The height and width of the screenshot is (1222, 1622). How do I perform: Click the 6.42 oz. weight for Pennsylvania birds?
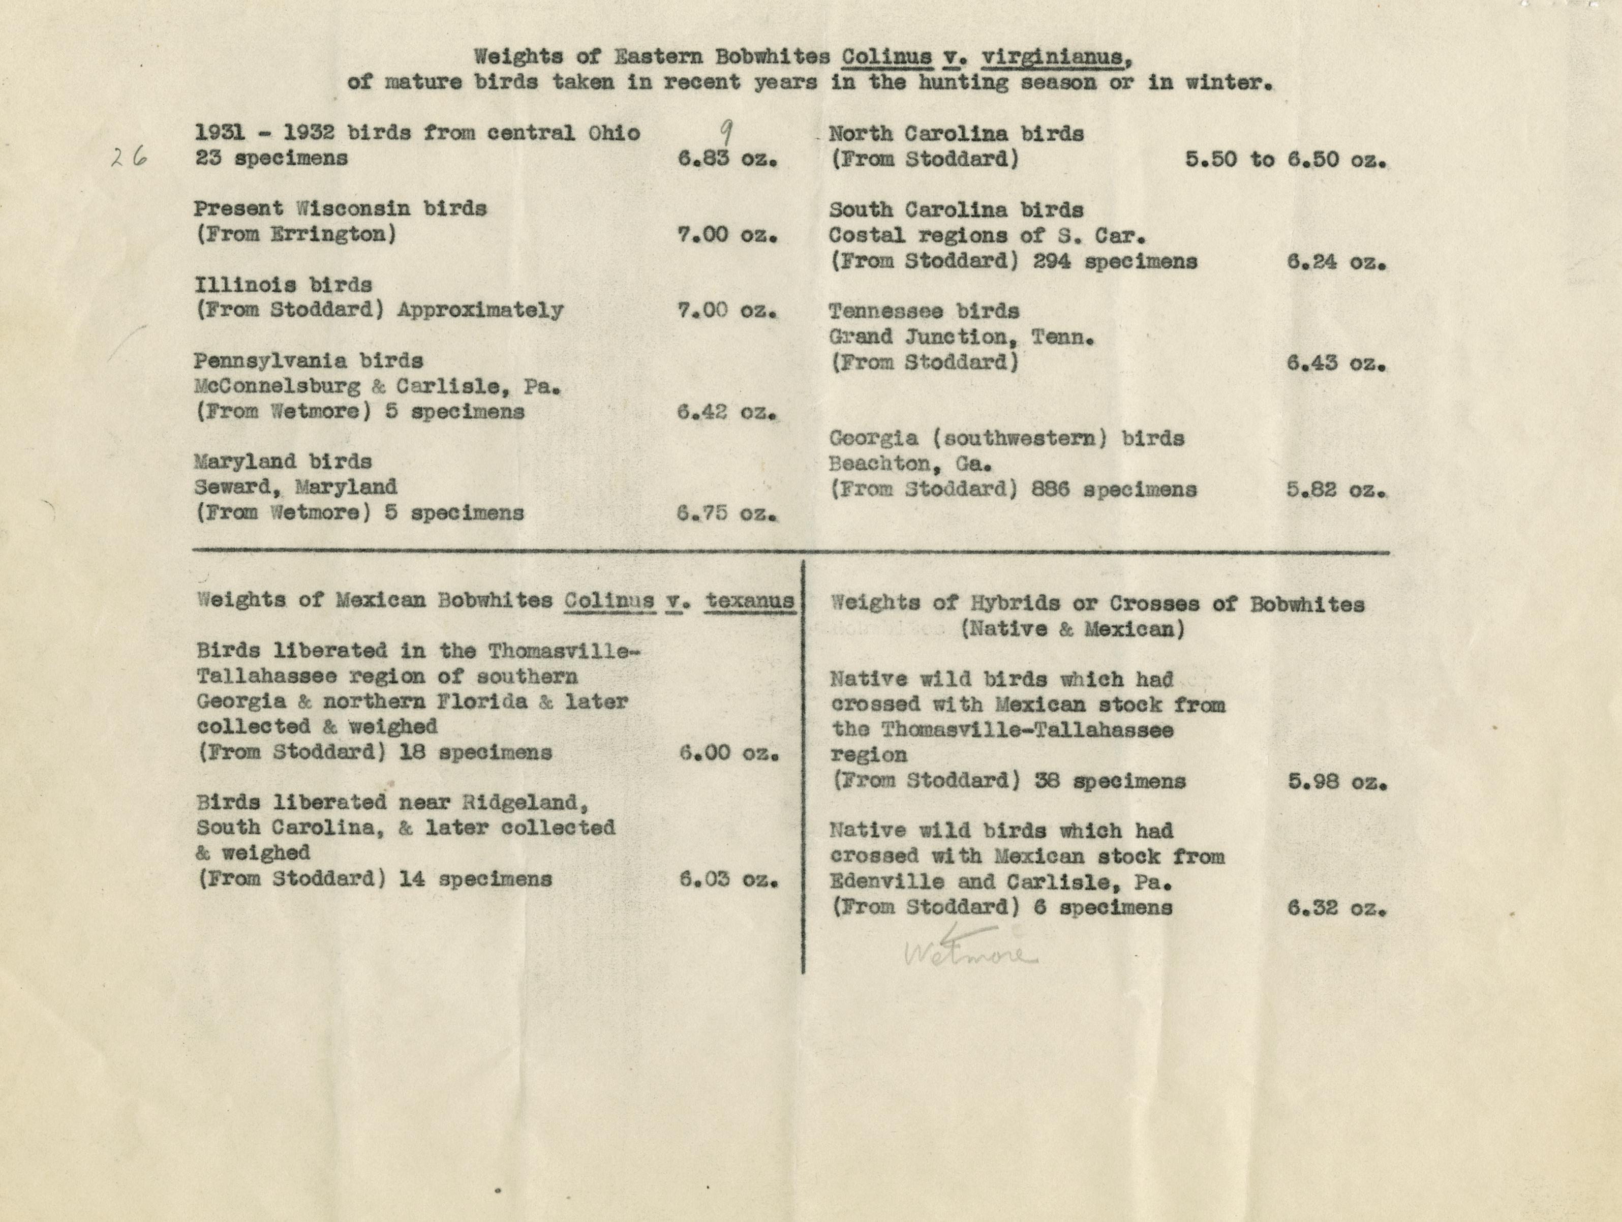coord(726,412)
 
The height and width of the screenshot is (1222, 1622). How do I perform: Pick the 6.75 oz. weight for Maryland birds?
coord(726,513)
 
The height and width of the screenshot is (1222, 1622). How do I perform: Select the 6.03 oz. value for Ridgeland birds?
coord(728,879)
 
